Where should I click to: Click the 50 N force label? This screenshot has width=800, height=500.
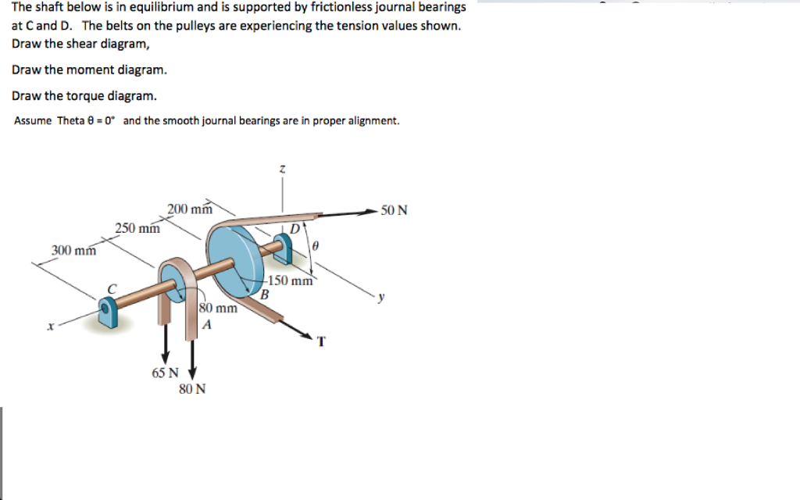click(394, 210)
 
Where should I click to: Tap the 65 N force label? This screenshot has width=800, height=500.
click(164, 373)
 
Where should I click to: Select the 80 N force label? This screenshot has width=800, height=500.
click(192, 388)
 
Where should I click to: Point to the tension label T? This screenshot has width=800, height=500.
click(321, 341)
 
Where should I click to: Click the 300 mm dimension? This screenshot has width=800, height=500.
click(73, 251)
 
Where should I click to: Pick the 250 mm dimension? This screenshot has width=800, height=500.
click(137, 228)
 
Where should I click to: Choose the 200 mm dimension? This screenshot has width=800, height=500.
click(190, 209)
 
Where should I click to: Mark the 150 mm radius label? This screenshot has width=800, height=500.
click(290, 281)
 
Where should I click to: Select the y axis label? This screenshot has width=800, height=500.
click(381, 297)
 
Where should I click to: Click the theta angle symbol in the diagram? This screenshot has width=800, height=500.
click(314, 245)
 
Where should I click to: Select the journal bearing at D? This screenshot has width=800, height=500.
click(286, 248)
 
